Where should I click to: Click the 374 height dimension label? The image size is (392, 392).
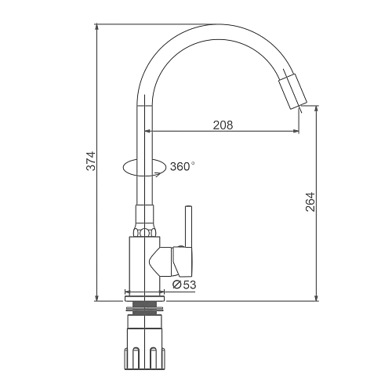91,161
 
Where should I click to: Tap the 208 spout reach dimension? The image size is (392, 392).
223,125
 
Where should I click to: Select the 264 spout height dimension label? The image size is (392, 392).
310,202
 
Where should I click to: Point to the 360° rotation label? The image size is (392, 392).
183,166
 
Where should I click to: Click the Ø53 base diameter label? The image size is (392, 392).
184,285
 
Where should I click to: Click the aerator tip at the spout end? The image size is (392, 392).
293,91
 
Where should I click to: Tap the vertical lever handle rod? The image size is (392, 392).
188,226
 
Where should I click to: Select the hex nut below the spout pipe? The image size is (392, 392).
144,232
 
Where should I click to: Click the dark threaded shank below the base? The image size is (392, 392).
144,308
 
